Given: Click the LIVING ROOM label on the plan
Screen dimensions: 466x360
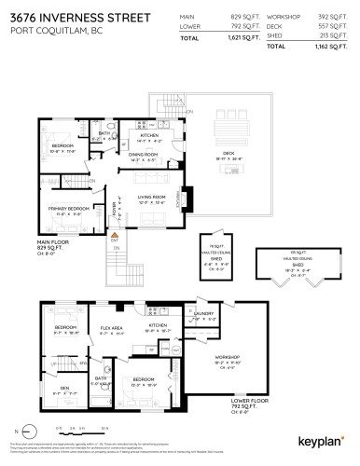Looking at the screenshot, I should pyautogui.click(x=153, y=197).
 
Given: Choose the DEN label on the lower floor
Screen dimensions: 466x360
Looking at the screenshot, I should pyautogui.click(x=63, y=390).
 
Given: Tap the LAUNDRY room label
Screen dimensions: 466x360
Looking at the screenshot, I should pyautogui.click(x=204, y=314).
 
